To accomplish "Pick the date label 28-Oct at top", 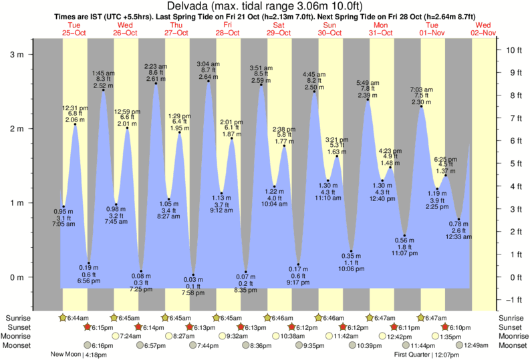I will (228, 33).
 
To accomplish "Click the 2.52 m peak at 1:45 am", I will (103, 89).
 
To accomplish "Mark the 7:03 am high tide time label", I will (421, 89).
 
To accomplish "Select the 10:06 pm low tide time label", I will (351, 269).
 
